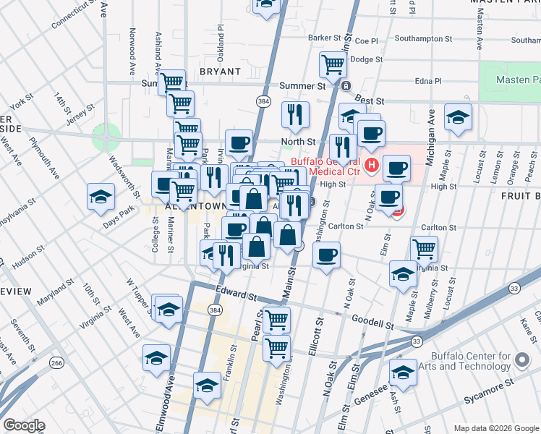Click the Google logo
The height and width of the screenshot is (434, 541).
coord(24,425)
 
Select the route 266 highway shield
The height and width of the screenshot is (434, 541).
coord(56,362)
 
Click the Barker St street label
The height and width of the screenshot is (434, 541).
coord(323,38)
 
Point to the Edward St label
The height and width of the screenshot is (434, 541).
coord(237,295)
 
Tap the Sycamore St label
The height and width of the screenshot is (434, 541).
coord(490,379)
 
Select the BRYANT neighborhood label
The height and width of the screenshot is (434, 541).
coord(219,72)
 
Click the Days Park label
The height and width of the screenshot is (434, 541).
coord(119,220)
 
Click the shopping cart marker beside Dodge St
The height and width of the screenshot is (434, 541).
coord(333,63)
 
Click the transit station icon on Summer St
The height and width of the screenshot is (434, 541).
coord(346,85)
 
